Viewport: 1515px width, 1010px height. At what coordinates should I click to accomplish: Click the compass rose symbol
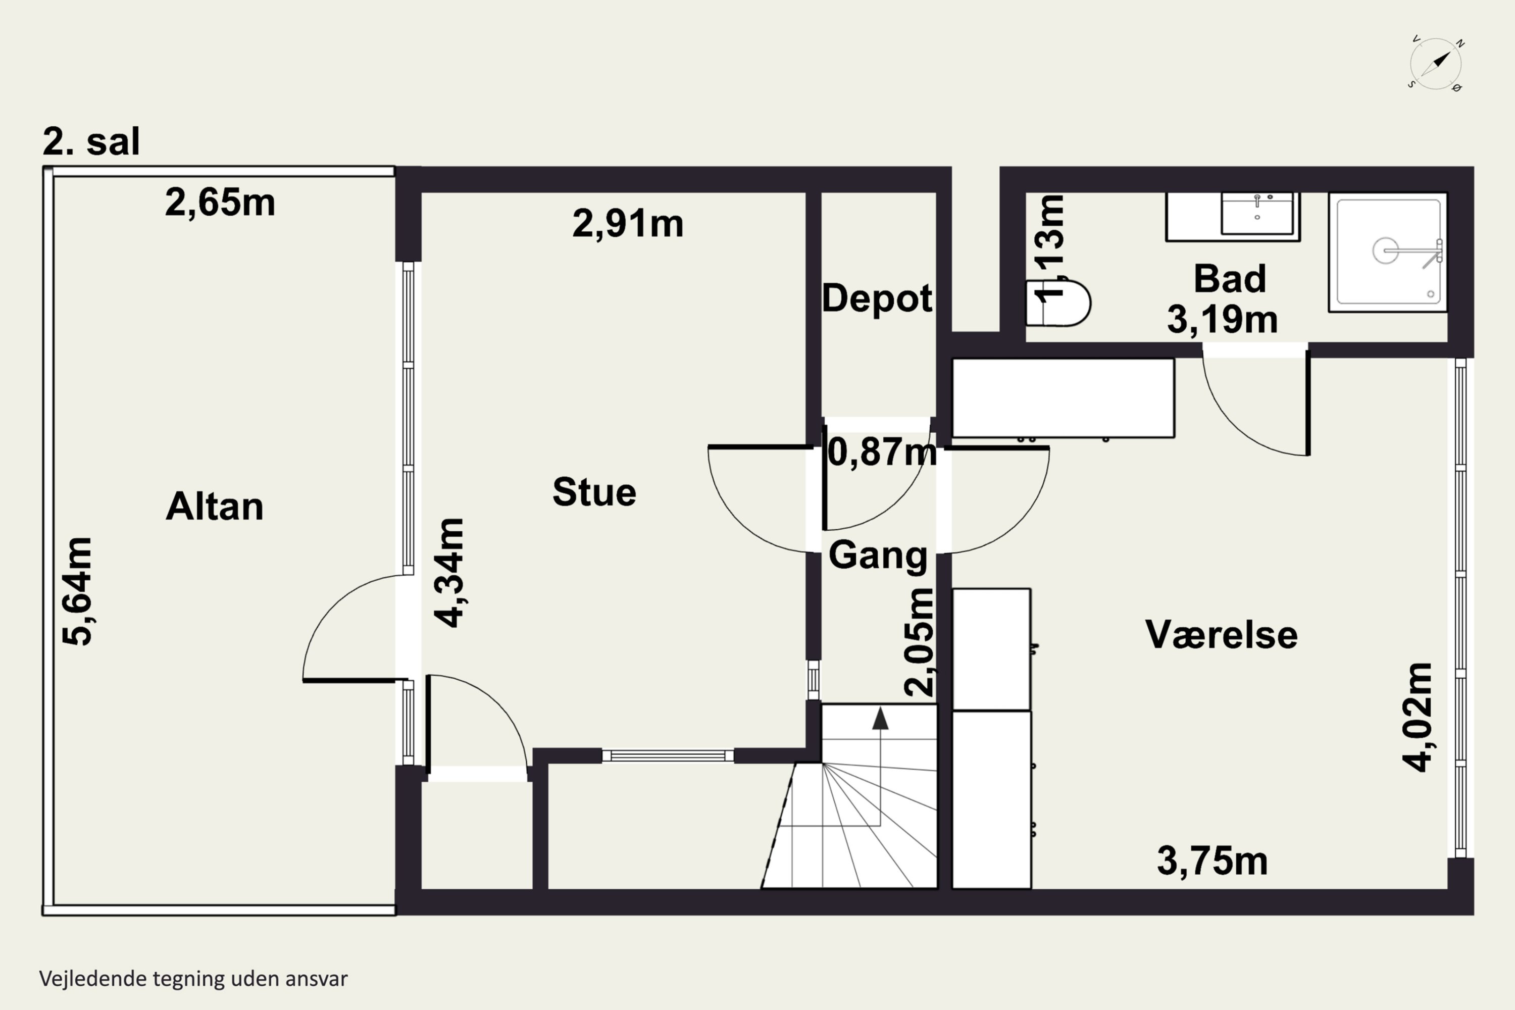point(1436,64)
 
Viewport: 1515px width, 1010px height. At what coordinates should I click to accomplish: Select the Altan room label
point(215,507)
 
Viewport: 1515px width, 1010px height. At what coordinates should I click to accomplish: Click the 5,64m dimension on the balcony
point(77,591)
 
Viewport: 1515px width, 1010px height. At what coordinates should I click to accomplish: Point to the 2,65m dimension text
point(220,203)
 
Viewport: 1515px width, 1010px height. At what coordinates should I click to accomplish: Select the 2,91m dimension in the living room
point(627,224)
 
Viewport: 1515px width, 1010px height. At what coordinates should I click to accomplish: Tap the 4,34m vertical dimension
point(449,572)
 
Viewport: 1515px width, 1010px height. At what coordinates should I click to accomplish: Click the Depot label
point(877,298)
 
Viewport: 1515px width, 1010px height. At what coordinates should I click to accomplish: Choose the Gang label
point(877,554)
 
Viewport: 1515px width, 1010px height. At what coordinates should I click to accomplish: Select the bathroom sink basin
point(1257,213)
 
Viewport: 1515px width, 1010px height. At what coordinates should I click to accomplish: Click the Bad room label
point(1230,279)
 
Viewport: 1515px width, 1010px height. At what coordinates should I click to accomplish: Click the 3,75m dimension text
point(1213,861)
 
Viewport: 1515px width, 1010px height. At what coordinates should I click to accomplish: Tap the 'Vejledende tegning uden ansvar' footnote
point(193,979)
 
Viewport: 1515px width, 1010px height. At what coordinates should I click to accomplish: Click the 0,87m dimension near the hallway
point(881,451)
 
